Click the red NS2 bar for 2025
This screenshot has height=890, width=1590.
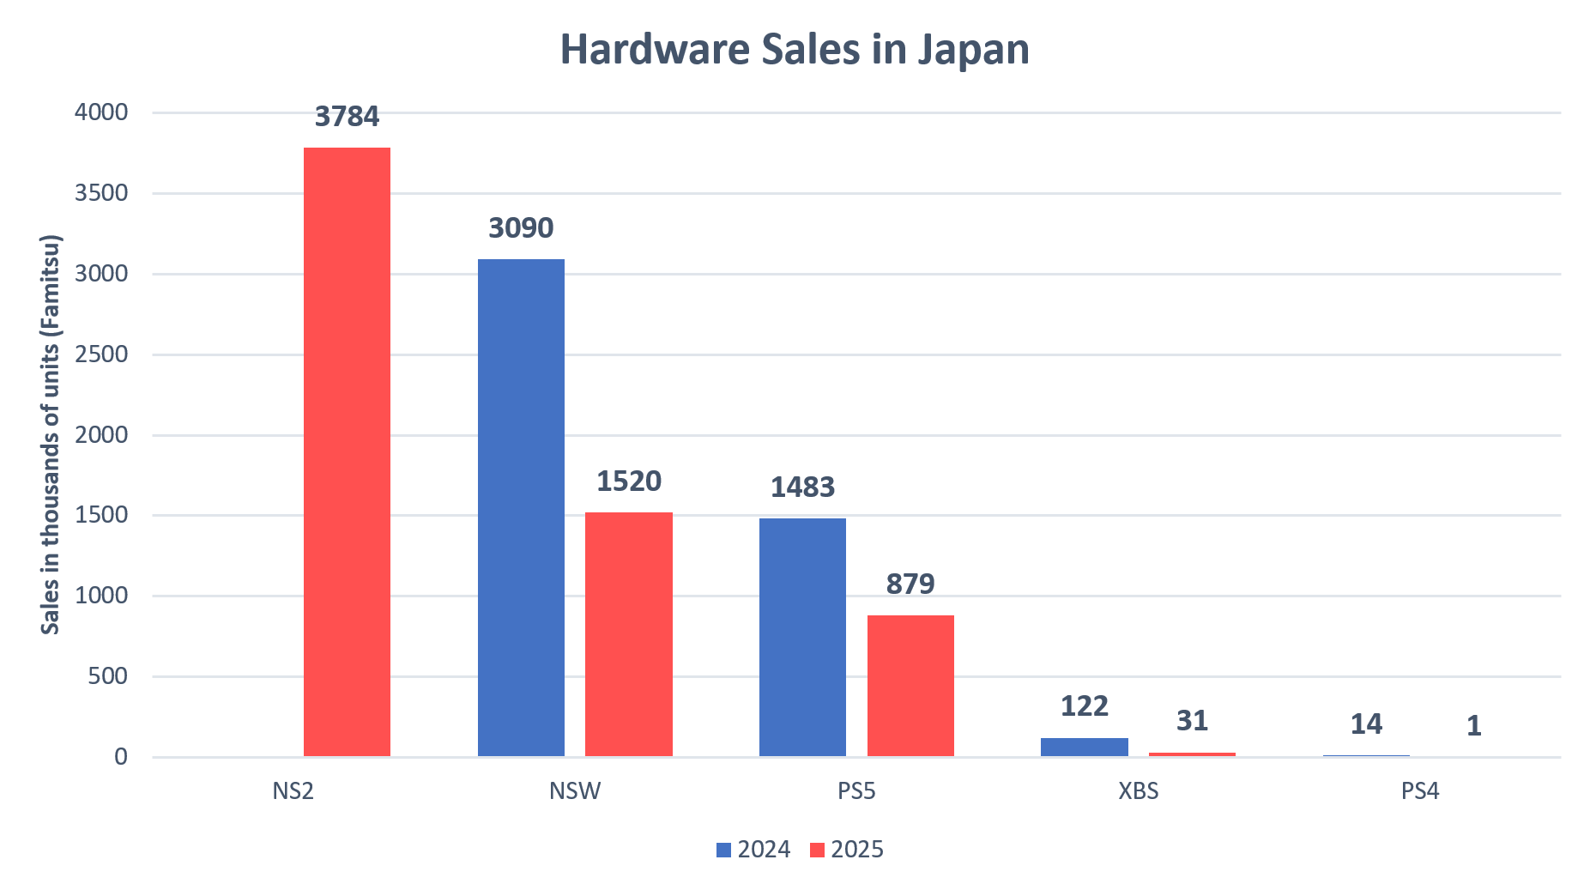(x=347, y=451)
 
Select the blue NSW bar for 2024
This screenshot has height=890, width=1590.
(x=521, y=507)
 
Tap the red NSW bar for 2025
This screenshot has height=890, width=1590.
(x=628, y=634)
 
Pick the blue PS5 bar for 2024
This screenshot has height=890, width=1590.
(x=802, y=637)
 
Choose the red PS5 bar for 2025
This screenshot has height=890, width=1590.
(x=910, y=686)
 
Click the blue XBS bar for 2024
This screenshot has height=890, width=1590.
(x=1084, y=747)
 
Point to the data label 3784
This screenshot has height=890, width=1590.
(x=347, y=116)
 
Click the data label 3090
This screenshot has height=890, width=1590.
(x=521, y=227)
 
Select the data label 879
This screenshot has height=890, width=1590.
(x=910, y=584)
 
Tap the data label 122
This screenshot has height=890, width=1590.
(x=1085, y=705)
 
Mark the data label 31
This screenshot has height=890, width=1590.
(x=1192, y=720)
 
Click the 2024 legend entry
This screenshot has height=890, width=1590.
(x=753, y=850)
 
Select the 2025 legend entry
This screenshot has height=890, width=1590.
(x=847, y=850)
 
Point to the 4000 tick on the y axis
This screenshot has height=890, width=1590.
(x=101, y=112)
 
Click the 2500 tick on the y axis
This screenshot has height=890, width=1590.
(x=101, y=354)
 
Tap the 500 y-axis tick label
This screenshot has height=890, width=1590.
(x=107, y=676)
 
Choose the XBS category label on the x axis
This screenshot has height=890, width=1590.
(x=1138, y=790)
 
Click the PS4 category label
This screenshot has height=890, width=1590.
(x=1419, y=790)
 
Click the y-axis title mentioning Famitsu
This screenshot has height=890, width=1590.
(x=51, y=434)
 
